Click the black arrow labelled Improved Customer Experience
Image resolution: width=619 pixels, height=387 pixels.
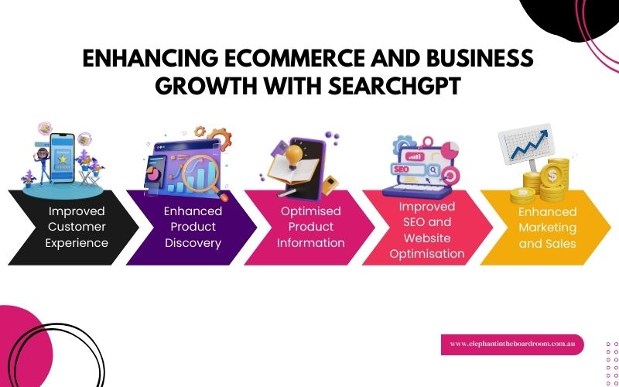74,227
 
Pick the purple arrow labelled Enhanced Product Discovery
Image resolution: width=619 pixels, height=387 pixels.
190,227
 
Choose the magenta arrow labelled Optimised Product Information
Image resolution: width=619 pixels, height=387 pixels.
309,227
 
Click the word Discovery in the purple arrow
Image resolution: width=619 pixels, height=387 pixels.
193,243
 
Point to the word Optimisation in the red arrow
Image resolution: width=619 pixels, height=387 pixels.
428,253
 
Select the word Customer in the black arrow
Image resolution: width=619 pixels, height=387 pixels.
77,227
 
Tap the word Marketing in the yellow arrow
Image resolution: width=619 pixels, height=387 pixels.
548,228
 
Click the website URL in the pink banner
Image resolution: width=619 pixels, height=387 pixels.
511,344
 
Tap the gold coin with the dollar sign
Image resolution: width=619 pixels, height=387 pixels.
552,176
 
